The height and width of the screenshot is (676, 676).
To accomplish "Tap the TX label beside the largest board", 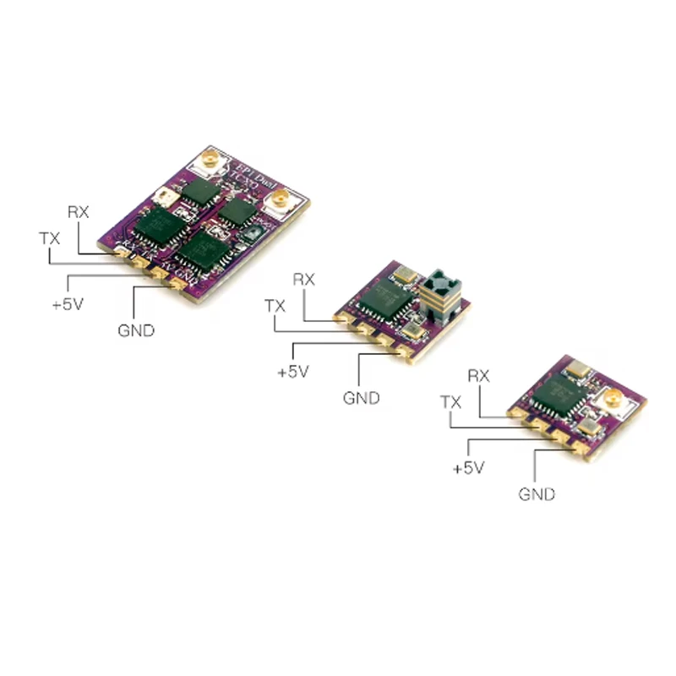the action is pos(50,238).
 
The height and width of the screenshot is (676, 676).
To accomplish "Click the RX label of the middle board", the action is pos(303,279).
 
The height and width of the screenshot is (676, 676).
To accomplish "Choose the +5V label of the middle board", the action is pos(293,370).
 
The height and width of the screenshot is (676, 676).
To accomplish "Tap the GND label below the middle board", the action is pos(361,397).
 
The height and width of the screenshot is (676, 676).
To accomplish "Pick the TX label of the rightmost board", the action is pos(451,402).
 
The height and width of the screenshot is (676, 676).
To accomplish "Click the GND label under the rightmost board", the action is pos(537,493).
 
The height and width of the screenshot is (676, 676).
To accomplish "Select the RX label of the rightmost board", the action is pos(479,375).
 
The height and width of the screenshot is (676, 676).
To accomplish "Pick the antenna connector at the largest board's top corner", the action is pos(204,161).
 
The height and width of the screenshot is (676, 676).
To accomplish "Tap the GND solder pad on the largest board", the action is pos(178,283).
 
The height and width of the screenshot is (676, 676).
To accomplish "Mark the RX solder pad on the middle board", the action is pos(343,319).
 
